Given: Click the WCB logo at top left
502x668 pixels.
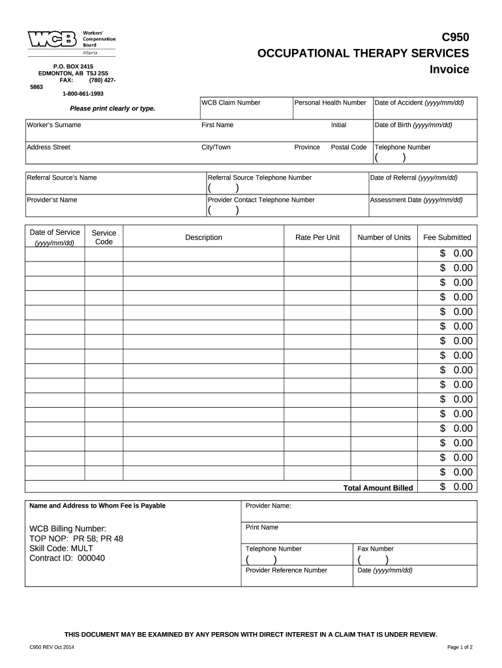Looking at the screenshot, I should [51, 40].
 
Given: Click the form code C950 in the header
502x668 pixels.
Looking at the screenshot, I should [456, 37].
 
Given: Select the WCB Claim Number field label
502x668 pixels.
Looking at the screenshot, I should [231, 103].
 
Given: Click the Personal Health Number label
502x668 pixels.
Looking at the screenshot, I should [331, 103].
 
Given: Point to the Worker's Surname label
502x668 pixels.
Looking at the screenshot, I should [54, 125].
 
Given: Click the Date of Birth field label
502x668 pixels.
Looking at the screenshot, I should [413, 125].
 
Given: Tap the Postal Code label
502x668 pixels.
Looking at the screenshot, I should [348, 147].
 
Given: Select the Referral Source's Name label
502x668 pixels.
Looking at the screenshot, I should [62, 177].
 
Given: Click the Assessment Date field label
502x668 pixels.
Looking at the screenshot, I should [416, 200].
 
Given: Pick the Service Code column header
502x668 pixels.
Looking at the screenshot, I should [104, 237].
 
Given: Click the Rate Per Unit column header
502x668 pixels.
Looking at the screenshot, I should [317, 237].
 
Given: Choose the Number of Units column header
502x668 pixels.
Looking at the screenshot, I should [384, 237].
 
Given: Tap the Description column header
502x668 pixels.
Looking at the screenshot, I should [203, 237].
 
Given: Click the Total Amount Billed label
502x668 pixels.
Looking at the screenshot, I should [378, 488].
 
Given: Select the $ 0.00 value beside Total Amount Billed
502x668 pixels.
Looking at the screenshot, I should [456, 487].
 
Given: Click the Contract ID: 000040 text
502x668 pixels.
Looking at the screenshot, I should [67, 558].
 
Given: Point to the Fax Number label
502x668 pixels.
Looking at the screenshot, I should [376, 549].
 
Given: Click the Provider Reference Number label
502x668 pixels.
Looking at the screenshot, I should [286, 570].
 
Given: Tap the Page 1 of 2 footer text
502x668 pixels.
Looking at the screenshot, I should [460, 647].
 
